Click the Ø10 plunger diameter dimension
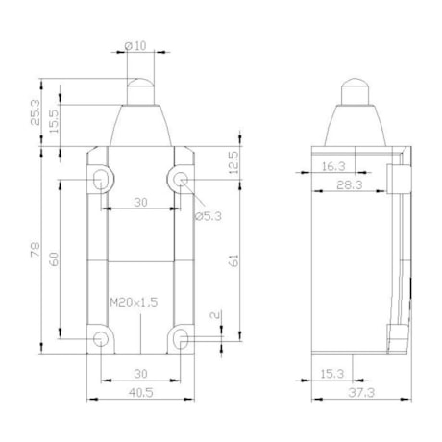(x=135, y=46)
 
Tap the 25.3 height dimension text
(x=36, y=112)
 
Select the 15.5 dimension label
(x=54, y=121)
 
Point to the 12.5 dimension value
(x=234, y=162)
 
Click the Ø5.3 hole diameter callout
(x=209, y=217)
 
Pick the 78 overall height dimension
(x=36, y=250)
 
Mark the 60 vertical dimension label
(x=54, y=258)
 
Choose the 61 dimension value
(x=234, y=260)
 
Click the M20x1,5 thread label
(x=134, y=302)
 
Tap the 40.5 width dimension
(x=141, y=392)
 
